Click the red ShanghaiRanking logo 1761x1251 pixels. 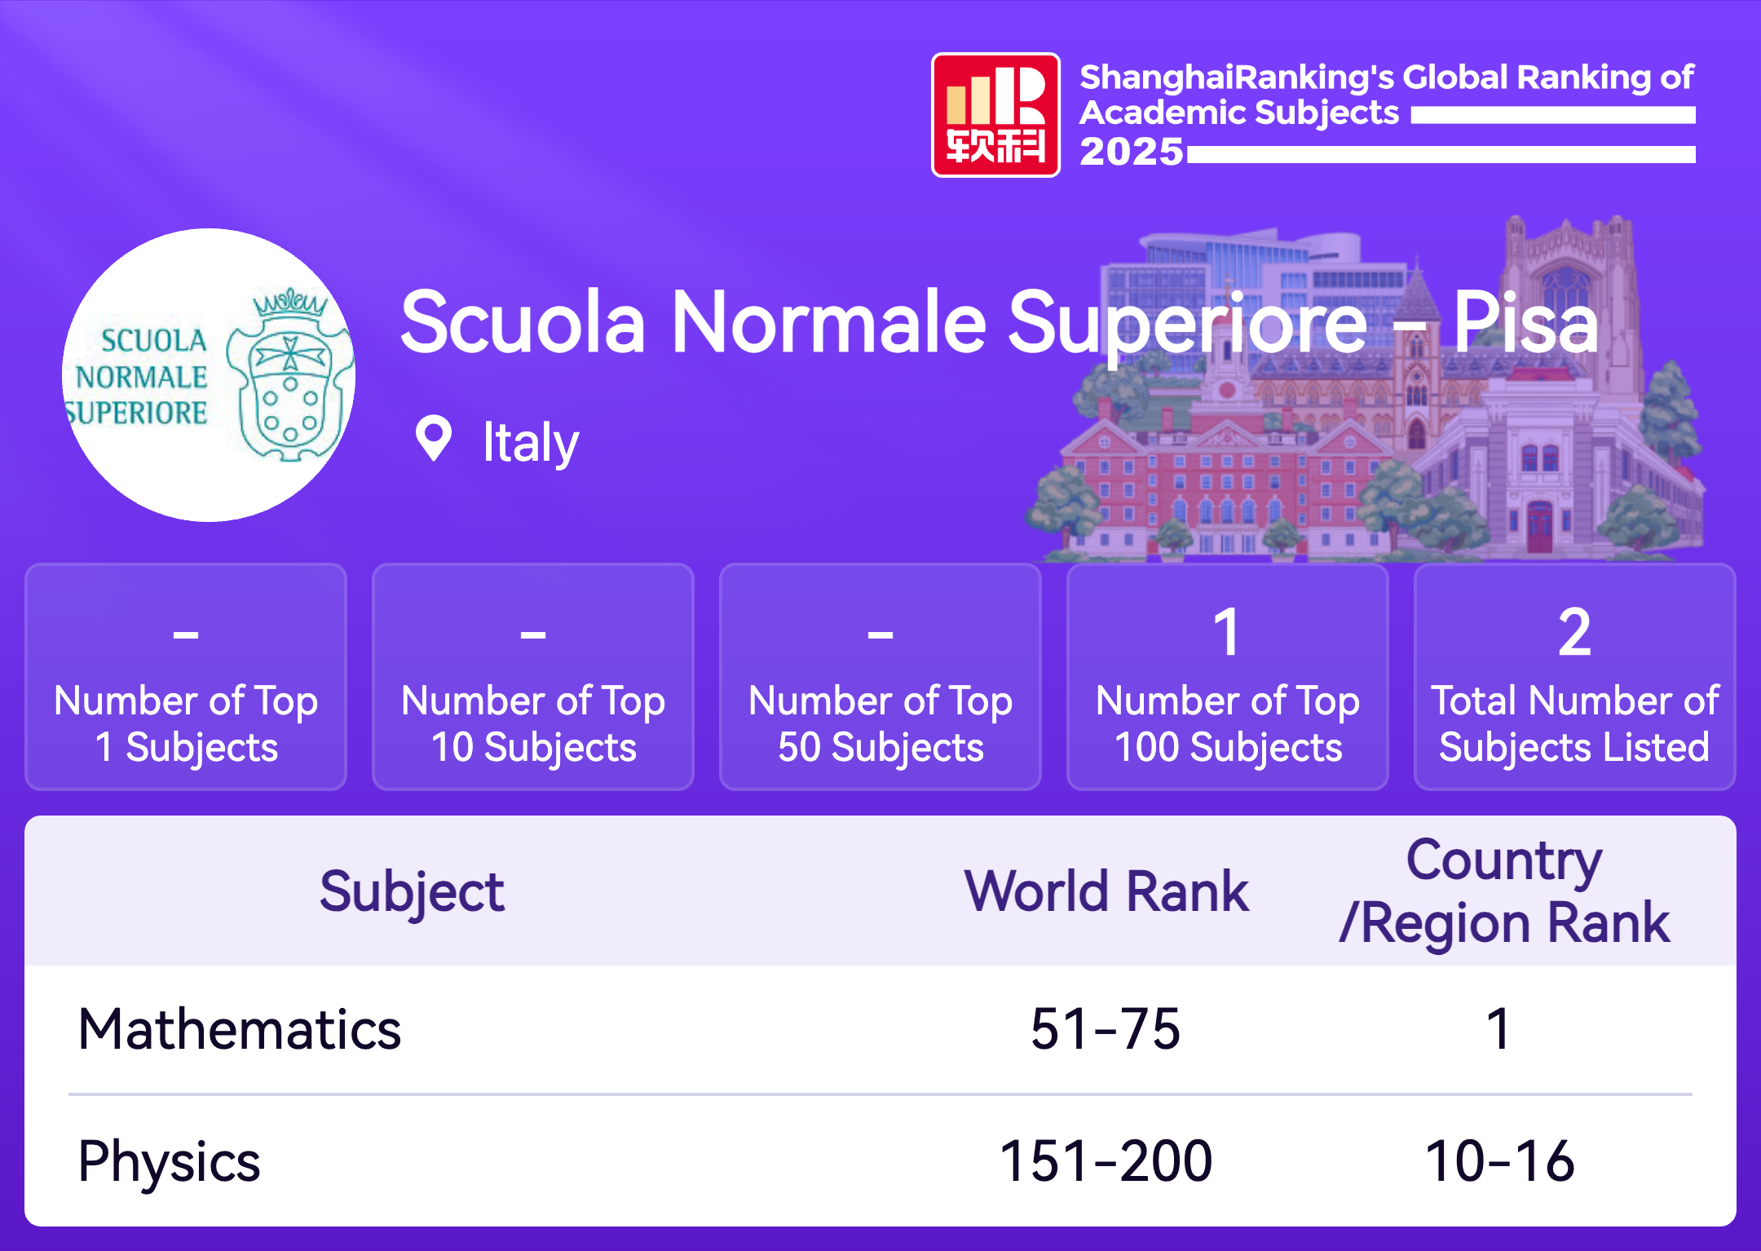(995, 115)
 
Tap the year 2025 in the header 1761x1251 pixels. (1131, 152)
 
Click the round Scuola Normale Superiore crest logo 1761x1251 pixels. (209, 375)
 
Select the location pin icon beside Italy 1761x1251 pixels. (434, 439)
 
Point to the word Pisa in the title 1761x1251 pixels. (1526, 323)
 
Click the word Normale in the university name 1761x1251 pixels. (829, 323)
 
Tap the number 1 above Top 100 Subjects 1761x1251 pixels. (1227, 632)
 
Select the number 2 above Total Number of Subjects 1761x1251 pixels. (1574, 632)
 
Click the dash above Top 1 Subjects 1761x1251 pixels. (186, 634)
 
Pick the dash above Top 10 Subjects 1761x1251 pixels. (533, 634)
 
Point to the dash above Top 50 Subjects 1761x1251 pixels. (880, 634)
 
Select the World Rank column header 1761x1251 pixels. (1106, 891)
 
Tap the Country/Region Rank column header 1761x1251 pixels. (1504, 892)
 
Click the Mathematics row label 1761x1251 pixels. (240, 1028)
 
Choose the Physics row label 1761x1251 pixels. (169, 1162)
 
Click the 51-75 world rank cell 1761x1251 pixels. (1106, 1028)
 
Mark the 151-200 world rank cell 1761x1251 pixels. (1106, 1160)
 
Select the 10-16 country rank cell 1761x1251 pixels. (1499, 1160)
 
